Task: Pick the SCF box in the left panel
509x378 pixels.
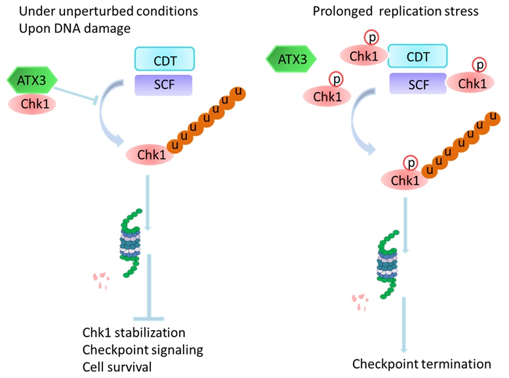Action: [x=163, y=85]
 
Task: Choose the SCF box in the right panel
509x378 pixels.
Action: [x=417, y=84]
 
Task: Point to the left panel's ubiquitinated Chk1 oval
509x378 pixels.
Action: [x=148, y=156]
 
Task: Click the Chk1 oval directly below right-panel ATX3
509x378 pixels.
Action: [x=327, y=97]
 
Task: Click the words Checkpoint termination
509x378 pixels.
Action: [x=421, y=363]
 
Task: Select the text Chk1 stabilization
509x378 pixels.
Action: [x=134, y=333]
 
